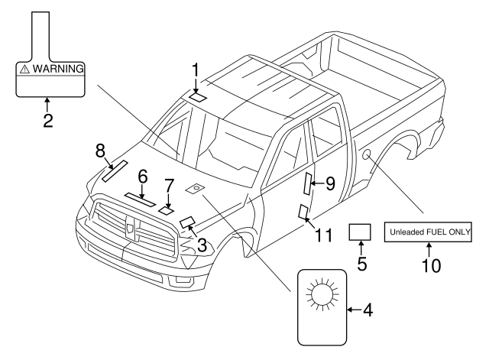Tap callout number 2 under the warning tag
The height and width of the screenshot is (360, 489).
(x=47, y=119)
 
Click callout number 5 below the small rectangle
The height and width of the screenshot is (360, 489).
(x=361, y=264)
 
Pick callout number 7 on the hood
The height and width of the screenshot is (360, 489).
(x=170, y=186)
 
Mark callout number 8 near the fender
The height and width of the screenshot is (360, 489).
(x=100, y=151)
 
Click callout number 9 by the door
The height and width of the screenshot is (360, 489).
(x=330, y=183)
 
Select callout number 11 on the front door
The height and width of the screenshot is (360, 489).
(x=323, y=235)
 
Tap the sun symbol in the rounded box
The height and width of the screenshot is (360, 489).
(x=320, y=295)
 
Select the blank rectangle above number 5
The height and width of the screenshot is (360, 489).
(x=360, y=232)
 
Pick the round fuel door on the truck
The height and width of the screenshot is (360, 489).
(x=368, y=157)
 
